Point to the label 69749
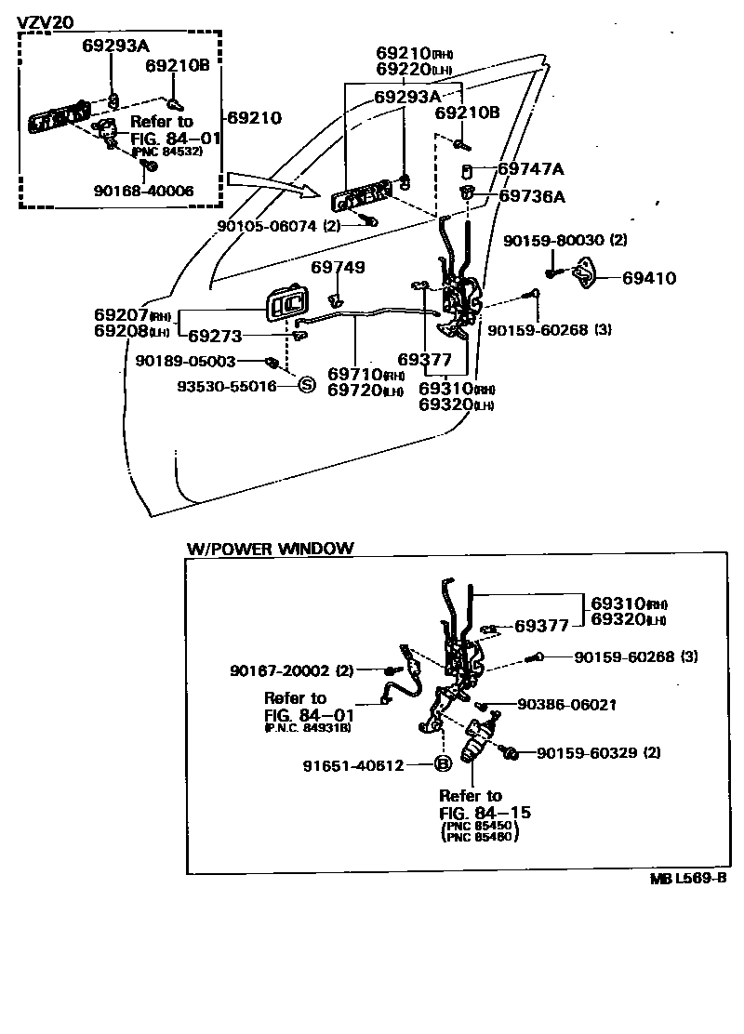tap(338, 268)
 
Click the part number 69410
tap(649, 277)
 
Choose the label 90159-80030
tap(554, 241)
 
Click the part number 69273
tap(216, 336)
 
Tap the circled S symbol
tap(305, 385)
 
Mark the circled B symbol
tap(444, 764)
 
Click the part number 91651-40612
tap(352, 765)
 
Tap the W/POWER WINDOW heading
tap(270, 549)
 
